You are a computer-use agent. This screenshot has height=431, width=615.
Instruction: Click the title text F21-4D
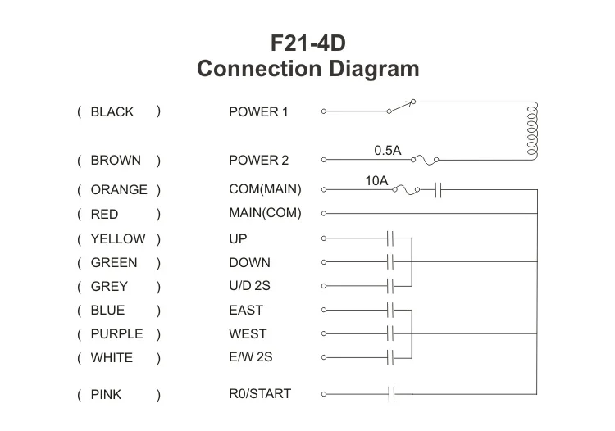click(x=307, y=43)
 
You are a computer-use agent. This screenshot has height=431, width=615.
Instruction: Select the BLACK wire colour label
click(x=112, y=112)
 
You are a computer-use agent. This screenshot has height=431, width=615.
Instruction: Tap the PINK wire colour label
click(x=106, y=395)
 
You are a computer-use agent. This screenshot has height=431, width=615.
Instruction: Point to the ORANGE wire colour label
click(x=119, y=190)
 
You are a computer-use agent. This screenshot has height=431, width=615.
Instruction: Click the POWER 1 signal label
click(x=258, y=112)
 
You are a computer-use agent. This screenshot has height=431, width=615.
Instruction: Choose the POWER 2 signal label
click(x=258, y=161)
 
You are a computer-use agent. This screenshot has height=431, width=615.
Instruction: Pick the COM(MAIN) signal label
click(x=265, y=190)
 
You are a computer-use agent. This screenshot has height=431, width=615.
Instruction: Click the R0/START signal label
click(x=259, y=394)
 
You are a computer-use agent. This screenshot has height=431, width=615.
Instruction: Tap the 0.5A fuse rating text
click(x=388, y=151)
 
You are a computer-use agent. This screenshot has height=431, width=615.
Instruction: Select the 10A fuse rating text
click(x=376, y=180)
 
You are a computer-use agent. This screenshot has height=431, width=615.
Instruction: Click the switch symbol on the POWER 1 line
click(x=401, y=107)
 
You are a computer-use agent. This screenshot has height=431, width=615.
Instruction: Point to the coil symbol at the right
click(x=532, y=131)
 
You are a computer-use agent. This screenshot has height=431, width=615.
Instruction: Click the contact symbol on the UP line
click(x=391, y=238)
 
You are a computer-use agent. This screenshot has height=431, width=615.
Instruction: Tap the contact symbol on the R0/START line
click(x=391, y=394)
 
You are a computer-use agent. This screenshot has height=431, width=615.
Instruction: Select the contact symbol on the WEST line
click(x=391, y=333)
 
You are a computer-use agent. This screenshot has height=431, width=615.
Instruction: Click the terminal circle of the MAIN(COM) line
click(x=325, y=214)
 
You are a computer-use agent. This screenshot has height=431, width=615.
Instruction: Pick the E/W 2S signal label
click(x=252, y=358)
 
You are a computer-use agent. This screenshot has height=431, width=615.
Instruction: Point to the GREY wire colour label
click(x=109, y=287)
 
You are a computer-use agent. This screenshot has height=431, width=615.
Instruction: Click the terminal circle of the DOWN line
click(x=325, y=262)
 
